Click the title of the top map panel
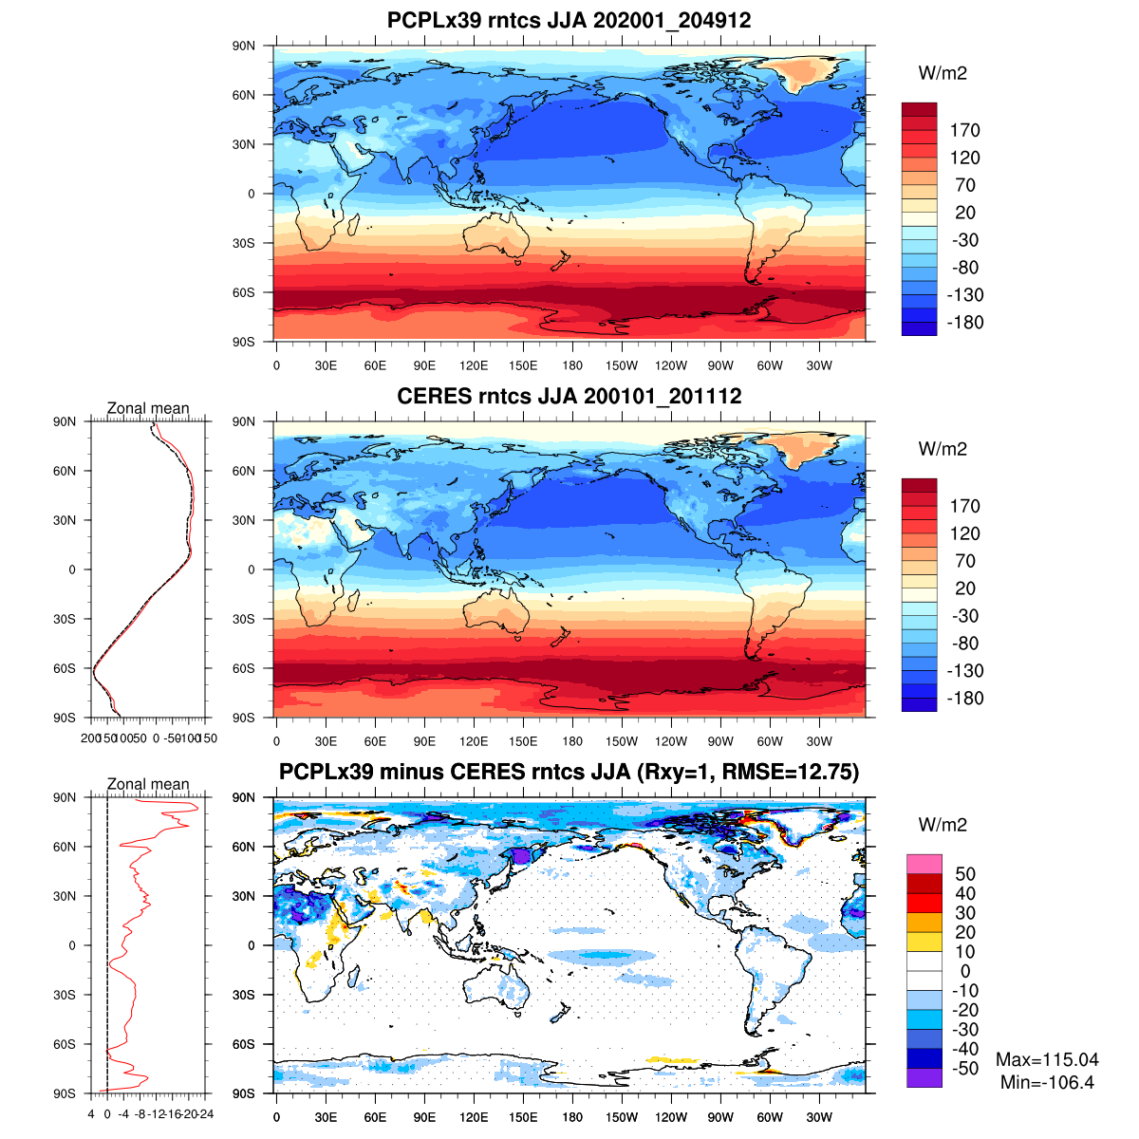(x=569, y=20)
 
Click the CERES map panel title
(x=569, y=396)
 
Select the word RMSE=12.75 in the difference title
(x=791, y=772)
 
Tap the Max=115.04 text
(x=1047, y=1060)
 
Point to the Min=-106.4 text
(x=1047, y=1082)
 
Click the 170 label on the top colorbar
(x=965, y=131)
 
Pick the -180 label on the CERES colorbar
(x=965, y=699)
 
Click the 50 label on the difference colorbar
(x=965, y=874)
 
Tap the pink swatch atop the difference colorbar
(x=924, y=864)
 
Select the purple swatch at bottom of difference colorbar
(x=924, y=1078)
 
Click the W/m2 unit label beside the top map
(x=943, y=74)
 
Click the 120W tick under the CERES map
(x=671, y=742)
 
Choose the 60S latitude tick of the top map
(x=245, y=292)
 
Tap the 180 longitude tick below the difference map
(x=572, y=1118)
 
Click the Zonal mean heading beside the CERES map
(x=148, y=409)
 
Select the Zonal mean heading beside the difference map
(x=148, y=785)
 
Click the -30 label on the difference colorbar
(x=965, y=1030)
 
